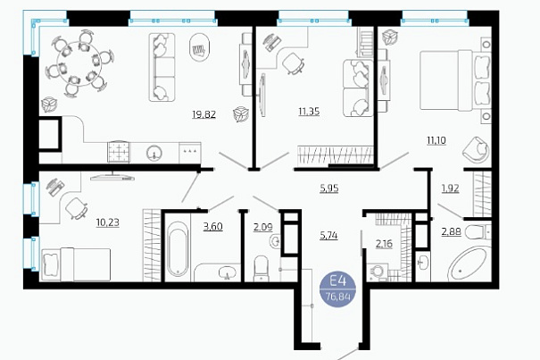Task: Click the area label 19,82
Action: click(204, 113)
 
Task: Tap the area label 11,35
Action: click(309, 111)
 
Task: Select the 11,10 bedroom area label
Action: click(436, 140)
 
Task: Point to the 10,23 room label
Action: click(108, 222)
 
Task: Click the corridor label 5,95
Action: click(328, 188)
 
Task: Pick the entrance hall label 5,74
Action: click(328, 236)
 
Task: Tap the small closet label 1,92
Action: click(450, 188)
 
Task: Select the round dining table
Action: click(79, 63)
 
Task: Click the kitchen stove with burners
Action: click(119, 151)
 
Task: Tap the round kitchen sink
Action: click(154, 153)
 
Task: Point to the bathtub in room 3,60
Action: click(178, 248)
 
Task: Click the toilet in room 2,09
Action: click(261, 269)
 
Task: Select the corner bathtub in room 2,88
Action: click(468, 264)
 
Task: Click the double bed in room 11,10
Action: click(455, 80)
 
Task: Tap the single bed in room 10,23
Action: click(76, 264)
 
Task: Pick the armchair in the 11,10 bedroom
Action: click(476, 148)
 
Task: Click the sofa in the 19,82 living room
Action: click(162, 67)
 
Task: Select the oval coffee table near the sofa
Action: click(200, 47)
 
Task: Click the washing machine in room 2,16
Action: click(378, 272)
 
